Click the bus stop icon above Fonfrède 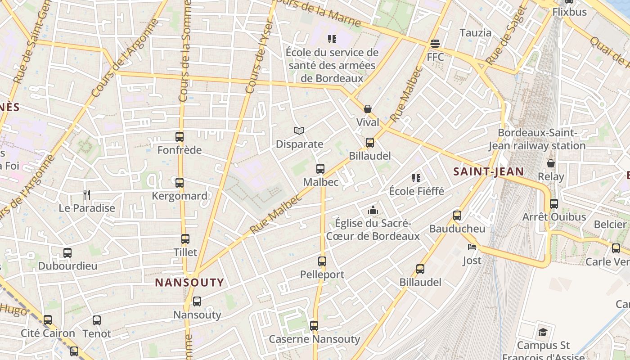(x=180, y=137)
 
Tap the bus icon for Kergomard (x=180, y=183)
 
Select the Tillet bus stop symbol (x=185, y=239)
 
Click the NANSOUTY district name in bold (x=189, y=283)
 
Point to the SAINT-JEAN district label (x=488, y=171)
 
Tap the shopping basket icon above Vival (x=368, y=109)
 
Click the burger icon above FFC (x=435, y=44)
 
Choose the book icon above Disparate (x=299, y=131)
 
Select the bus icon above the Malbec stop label (x=320, y=169)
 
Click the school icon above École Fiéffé (x=416, y=178)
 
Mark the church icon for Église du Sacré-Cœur (x=373, y=210)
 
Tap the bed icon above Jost (x=472, y=247)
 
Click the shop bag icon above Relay (x=550, y=163)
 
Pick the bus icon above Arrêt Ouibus (x=554, y=203)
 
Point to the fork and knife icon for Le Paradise (x=87, y=195)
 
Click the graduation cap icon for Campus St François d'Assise (x=543, y=333)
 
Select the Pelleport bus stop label (x=322, y=274)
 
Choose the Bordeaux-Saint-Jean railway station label (x=537, y=139)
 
